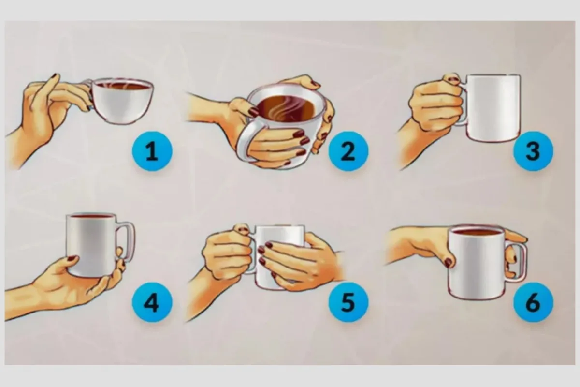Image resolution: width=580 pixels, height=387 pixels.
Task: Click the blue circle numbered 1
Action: coord(152,151)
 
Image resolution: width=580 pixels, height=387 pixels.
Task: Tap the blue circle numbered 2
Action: coord(348,151)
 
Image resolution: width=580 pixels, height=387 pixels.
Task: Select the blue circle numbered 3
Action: coord(533,151)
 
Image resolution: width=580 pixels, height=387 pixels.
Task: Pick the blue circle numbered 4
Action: coord(152,302)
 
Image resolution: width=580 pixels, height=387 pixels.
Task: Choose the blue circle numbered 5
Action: coord(348,302)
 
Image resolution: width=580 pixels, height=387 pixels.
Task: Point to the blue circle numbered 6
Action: coord(533,302)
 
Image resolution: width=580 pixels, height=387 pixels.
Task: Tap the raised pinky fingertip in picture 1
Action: coord(56,76)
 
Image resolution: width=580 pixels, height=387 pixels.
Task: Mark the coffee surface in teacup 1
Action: coord(123,85)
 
